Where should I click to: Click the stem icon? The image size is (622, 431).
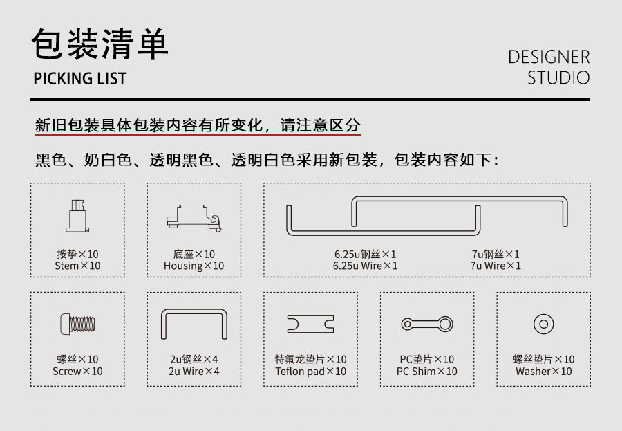pyautogui.click(x=77, y=216)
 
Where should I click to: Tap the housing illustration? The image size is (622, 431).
pyautogui.click(x=194, y=217)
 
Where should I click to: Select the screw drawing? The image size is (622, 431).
pyautogui.click(x=77, y=324)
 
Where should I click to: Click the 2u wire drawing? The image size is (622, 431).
pyautogui.click(x=194, y=310)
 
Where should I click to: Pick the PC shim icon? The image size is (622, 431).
pyautogui.click(x=427, y=324)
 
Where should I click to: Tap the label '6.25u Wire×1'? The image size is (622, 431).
pyautogui.click(x=365, y=266)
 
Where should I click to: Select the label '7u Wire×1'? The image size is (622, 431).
pyautogui.click(x=496, y=266)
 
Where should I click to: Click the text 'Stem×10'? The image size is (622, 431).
pyautogui.click(x=77, y=266)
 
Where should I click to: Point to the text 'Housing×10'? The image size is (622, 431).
pyautogui.click(x=194, y=266)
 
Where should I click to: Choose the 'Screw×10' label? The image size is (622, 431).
pyautogui.click(x=77, y=371)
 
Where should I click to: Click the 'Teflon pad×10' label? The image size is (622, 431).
pyautogui.click(x=310, y=371)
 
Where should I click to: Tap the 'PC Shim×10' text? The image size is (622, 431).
pyautogui.click(x=427, y=371)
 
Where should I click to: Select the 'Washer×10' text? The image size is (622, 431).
pyautogui.click(x=543, y=371)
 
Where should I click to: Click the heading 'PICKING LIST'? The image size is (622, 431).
pyautogui.click(x=79, y=78)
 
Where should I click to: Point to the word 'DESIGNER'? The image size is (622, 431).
pyautogui.click(x=549, y=57)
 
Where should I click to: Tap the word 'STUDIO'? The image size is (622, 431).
pyautogui.click(x=558, y=77)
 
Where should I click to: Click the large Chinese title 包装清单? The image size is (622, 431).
pyautogui.click(x=100, y=44)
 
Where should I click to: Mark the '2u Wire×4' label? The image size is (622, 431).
pyautogui.click(x=194, y=371)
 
